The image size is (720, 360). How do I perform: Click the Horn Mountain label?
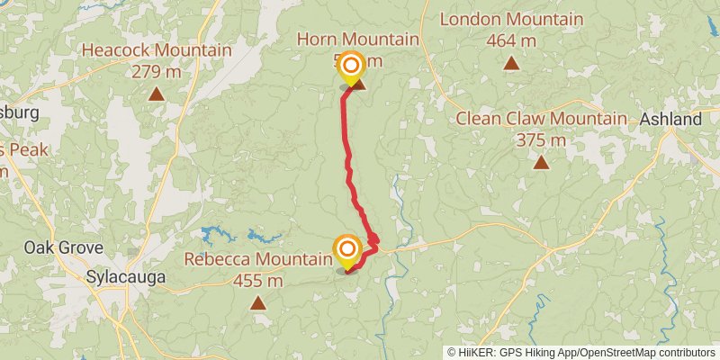[358, 40]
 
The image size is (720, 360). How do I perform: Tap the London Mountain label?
[510, 19]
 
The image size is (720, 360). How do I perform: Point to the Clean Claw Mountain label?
[541, 119]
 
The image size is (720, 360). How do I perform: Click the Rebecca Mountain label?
[258, 259]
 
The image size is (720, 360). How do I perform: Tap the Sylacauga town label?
[126, 277]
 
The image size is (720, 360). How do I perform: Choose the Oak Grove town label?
[63, 247]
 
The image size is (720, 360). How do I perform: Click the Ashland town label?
[670, 120]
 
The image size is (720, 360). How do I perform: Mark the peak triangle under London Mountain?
[511, 62]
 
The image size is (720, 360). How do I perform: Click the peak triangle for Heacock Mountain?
[157, 93]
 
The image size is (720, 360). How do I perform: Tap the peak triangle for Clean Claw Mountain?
[541, 162]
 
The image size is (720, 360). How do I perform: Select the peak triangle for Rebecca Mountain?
[258, 303]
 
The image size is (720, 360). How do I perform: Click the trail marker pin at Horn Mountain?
[351, 67]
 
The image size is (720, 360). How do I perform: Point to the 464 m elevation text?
[510, 40]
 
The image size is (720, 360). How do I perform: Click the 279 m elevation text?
[157, 71]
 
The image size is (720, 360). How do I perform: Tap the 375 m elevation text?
[541, 140]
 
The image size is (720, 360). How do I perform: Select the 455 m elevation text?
[258, 281]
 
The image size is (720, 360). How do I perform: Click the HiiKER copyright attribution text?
[580, 352]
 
